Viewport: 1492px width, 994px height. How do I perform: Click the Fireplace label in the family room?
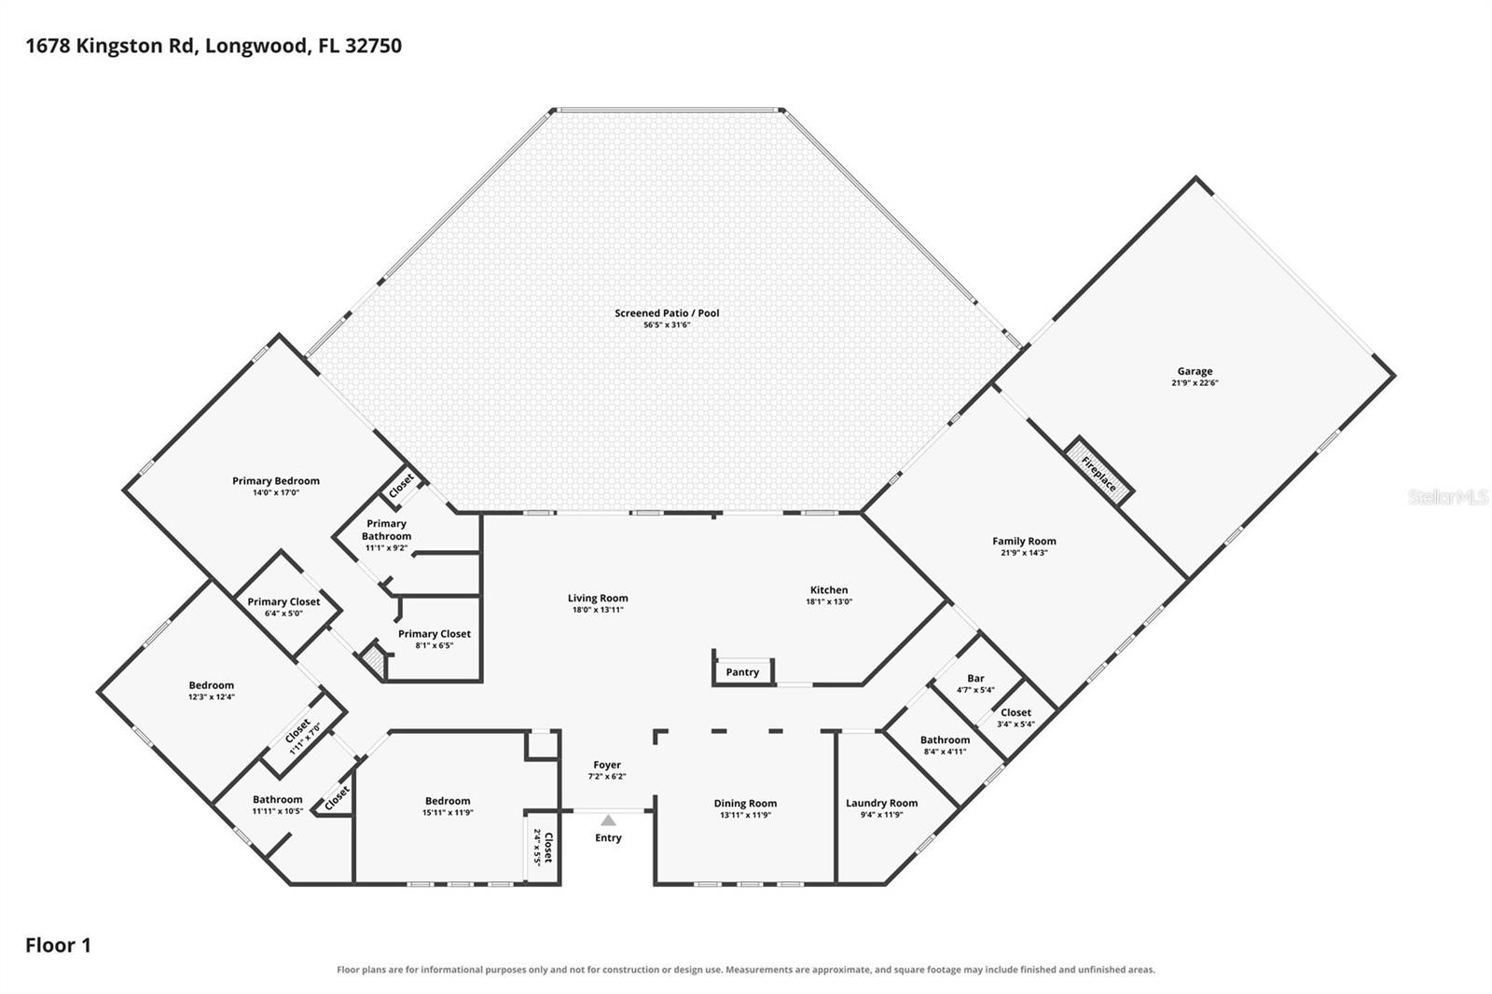(x=1098, y=474)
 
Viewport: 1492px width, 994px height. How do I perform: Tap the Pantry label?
(x=742, y=672)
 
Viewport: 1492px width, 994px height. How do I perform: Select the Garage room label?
(x=1195, y=371)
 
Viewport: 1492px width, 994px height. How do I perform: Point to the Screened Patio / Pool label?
(x=667, y=312)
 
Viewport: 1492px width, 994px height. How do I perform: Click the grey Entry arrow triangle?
(x=608, y=821)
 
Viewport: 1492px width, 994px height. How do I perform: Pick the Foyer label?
(x=607, y=765)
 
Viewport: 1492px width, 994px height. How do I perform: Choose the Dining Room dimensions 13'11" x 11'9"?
(x=745, y=815)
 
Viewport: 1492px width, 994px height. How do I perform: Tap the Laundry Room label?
(x=882, y=803)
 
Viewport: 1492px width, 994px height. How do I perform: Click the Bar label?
(x=975, y=678)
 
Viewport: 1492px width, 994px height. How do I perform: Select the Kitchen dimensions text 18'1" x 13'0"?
(x=829, y=601)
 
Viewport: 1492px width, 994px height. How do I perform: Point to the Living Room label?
(x=598, y=599)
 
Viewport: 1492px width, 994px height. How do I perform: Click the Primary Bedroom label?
(x=276, y=481)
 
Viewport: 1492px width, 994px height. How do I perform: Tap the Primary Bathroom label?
(x=386, y=530)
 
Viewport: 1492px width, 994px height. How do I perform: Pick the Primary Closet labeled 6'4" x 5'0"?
(x=283, y=601)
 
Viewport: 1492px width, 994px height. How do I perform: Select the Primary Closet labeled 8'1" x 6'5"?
(x=435, y=633)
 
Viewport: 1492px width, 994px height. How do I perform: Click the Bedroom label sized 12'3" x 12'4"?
(x=211, y=684)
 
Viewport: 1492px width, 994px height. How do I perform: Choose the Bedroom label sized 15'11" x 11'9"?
(x=448, y=801)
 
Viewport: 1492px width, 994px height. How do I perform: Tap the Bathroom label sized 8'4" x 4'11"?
(x=946, y=739)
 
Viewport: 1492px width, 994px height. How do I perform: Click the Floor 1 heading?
(x=58, y=946)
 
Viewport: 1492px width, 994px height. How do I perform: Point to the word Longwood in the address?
(x=257, y=46)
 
